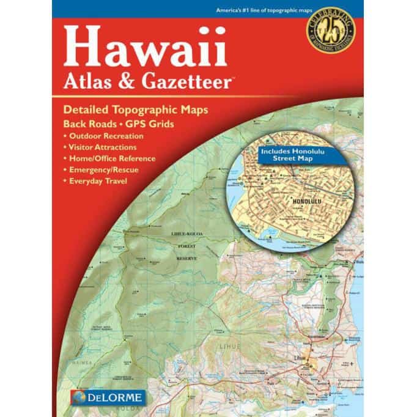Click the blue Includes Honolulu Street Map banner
tap(285, 153)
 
